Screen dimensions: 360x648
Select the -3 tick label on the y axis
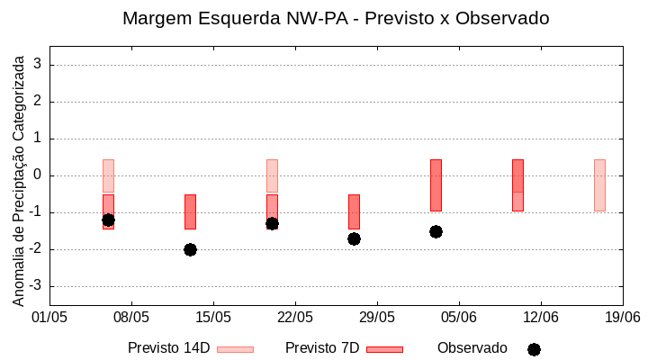pos(36,286)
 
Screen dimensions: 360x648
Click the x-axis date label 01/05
pos(49,317)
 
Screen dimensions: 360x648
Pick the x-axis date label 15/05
pos(213,317)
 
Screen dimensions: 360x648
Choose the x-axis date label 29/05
pos(377,317)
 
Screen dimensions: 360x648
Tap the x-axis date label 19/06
pos(622,317)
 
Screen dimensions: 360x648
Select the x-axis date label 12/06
pos(541,317)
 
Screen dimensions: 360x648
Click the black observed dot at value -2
pos(190,249)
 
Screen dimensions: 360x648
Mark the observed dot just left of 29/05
pos(354,238)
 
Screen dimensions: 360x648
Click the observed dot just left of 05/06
pos(436,231)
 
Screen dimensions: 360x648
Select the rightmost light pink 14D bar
pos(599,184)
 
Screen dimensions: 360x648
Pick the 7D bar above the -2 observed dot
pos(190,211)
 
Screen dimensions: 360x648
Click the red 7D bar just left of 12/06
pos(517,184)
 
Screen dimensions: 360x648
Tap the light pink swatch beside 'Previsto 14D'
pos(235,349)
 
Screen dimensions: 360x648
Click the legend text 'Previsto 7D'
pos(322,348)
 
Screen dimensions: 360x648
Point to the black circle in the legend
pos(534,349)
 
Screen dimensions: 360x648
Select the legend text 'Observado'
pos(472,348)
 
